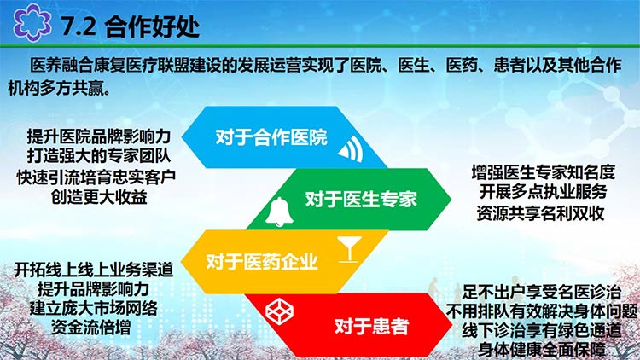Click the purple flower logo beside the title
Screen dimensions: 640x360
pyautogui.click(x=32, y=23)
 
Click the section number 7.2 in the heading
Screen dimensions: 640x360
pyautogui.click(x=79, y=26)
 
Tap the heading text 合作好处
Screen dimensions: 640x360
pyautogui.click(x=152, y=26)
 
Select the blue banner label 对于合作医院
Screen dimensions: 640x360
pyautogui.click(x=271, y=137)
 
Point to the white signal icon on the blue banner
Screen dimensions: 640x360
pyautogui.click(x=351, y=149)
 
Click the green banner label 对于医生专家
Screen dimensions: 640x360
pyautogui.click(x=361, y=199)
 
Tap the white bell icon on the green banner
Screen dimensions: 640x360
pyautogui.click(x=279, y=212)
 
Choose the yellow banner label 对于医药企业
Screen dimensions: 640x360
pyautogui.click(x=262, y=262)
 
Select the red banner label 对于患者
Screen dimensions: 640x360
pyautogui.click(x=371, y=326)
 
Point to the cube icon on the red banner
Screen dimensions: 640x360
pyautogui.click(x=279, y=311)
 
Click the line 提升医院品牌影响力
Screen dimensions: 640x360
pyautogui.click(x=99, y=136)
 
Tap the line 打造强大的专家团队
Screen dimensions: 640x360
pyautogui.click(x=99, y=155)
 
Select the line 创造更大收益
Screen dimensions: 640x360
pyautogui.click(x=99, y=197)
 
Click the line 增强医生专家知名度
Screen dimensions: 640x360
pyautogui.click(x=544, y=172)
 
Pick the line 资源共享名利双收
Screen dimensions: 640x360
pyautogui.click(x=540, y=213)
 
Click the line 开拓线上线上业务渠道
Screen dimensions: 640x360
pyautogui.click(x=94, y=270)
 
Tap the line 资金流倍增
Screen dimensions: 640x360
pyautogui.click(x=90, y=327)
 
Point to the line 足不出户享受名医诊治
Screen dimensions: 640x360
pyautogui.click(x=542, y=293)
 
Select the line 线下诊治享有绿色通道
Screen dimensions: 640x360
pyautogui.click(x=542, y=330)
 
